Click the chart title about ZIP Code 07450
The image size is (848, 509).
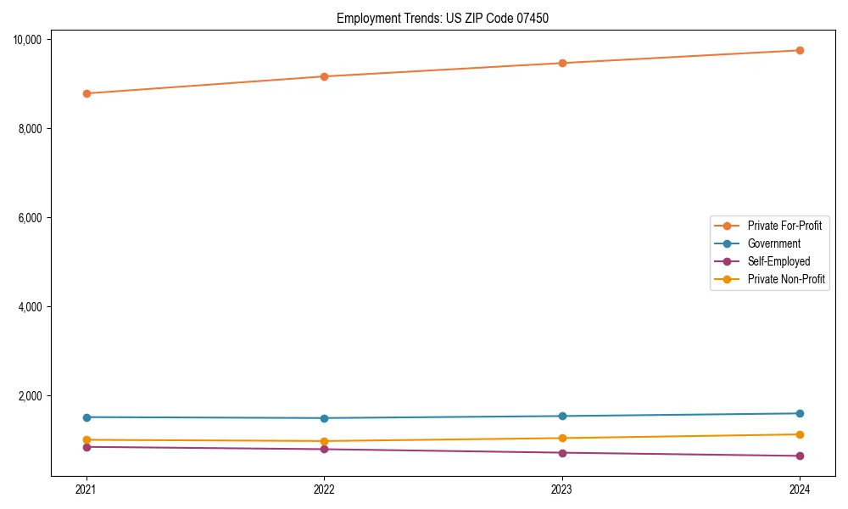click(x=443, y=19)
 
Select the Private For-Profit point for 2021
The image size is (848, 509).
click(x=86, y=93)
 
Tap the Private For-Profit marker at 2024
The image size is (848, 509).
click(x=800, y=50)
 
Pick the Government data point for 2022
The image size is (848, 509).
click(x=324, y=418)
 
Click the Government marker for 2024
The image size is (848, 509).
click(x=800, y=413)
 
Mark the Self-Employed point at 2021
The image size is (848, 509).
click(x=86, y=446)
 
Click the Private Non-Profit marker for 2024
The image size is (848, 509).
click(x=800, y=434)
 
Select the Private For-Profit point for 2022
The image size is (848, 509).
click(x=324, y=76)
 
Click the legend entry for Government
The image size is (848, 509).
click(x=773, y=243)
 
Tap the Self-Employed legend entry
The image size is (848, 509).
click(x=778, y=261)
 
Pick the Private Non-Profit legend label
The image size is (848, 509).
click(x=786, y=279)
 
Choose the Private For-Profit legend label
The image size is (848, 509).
click(x=784, y=226)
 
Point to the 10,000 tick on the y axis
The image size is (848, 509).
click(x=29, y=40)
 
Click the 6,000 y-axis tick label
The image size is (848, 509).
click(x=31, y=218)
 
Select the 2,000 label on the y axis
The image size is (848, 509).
click(x=31, y=396)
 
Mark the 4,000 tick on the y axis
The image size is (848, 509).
click(x=31, y=307)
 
